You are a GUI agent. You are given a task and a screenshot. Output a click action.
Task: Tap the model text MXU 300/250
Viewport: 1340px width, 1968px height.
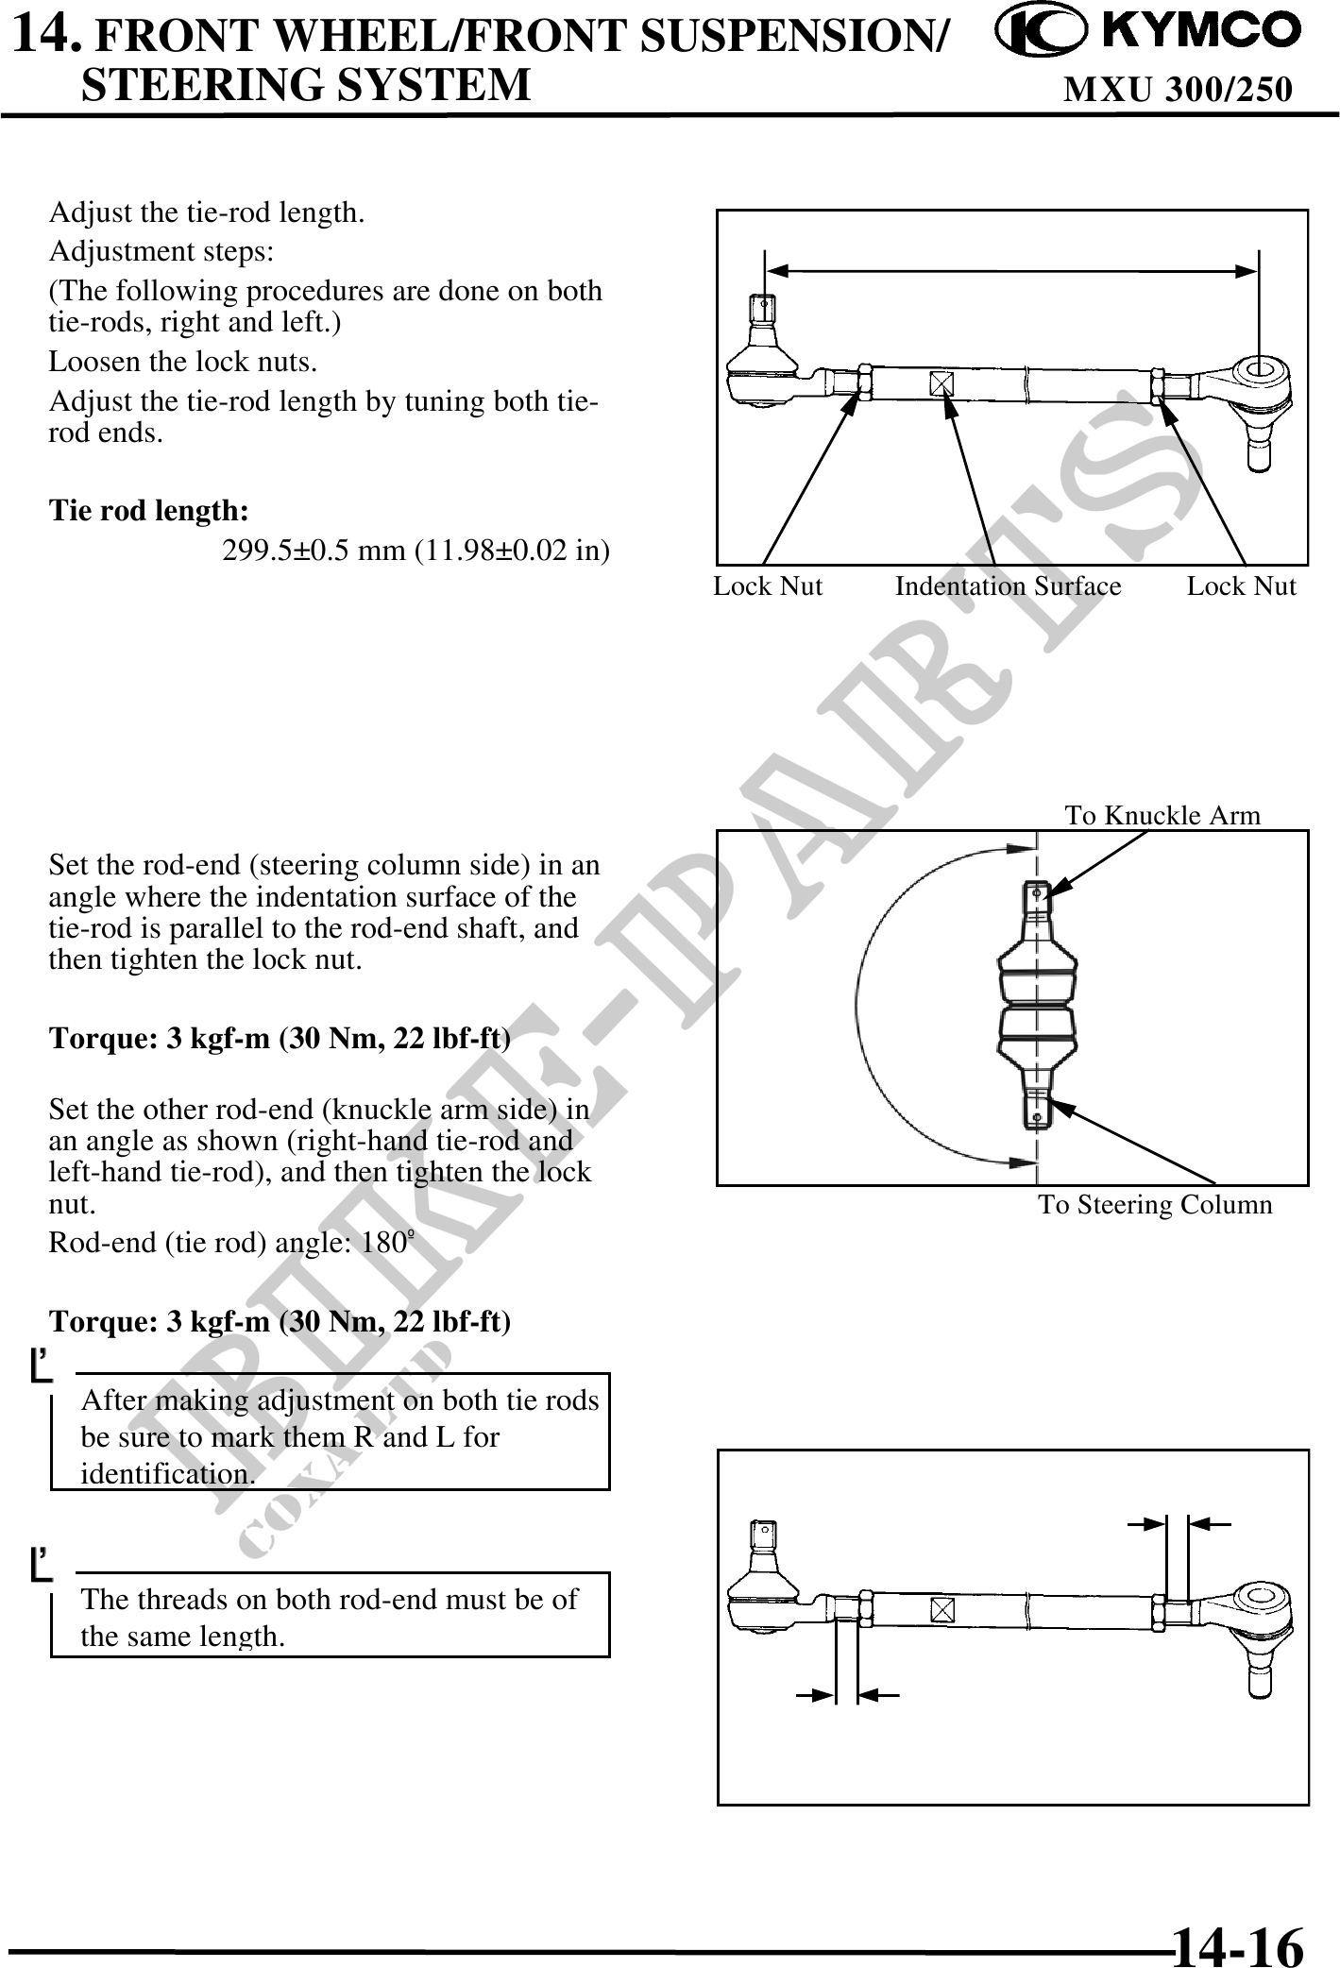pos(1178,89)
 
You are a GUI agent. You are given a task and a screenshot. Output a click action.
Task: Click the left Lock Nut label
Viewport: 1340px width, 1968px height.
pos(768,586)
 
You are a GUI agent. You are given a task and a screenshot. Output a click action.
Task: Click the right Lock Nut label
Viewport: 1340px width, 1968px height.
pos(1241,586)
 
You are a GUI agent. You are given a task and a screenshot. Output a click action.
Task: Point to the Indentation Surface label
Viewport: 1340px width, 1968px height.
pos(1008,586)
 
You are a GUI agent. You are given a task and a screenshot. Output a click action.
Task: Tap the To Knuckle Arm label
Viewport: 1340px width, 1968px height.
pos(1162,815)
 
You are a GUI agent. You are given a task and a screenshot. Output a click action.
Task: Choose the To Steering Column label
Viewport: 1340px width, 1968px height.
pos(1155,1205)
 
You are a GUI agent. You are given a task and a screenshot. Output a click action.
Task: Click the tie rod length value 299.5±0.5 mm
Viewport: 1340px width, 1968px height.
pos(416,550)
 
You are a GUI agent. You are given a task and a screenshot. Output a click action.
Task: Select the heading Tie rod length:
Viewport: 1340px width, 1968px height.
pos(149,511)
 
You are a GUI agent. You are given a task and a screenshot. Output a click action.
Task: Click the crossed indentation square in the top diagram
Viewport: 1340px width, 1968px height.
pos(941,383)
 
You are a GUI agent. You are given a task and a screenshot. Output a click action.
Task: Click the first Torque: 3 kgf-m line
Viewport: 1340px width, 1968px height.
pos(280,1039)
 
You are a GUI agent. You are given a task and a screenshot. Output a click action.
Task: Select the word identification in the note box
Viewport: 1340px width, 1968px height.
pos(166,1474)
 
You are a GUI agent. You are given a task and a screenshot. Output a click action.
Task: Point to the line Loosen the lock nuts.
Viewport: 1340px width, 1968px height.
pos(182,362)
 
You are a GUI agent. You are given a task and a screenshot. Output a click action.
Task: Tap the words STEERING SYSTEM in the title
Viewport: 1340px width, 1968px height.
pos(306,83)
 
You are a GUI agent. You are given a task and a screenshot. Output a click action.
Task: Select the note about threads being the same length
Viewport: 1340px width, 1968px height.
pos(329,1617)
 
